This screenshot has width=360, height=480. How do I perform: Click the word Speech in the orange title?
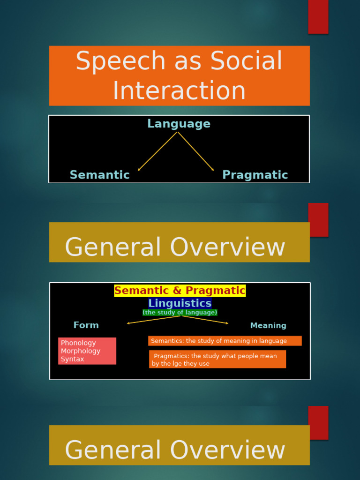120,61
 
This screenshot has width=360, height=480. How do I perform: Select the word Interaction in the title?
179,91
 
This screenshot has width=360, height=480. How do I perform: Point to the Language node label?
179,124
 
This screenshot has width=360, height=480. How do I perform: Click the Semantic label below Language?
99,175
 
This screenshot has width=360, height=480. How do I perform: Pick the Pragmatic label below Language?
255,175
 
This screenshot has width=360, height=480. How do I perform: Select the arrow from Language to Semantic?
157,151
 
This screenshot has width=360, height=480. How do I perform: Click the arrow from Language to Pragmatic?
196,151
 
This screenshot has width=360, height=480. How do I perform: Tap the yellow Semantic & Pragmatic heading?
180,291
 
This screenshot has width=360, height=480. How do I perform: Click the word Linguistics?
180,303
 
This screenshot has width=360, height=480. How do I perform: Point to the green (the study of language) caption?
180,312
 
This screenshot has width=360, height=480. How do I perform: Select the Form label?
86,325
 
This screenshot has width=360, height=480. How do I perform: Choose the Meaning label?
268,326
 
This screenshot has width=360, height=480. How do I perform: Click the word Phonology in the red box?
78,343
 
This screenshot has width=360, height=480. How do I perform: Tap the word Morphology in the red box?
81,351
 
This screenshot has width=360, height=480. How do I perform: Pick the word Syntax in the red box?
73,359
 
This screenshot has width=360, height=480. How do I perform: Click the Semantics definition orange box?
225,341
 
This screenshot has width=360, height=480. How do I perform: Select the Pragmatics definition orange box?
217,359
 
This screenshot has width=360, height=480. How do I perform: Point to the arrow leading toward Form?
154,320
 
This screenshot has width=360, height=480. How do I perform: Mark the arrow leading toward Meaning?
205,320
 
